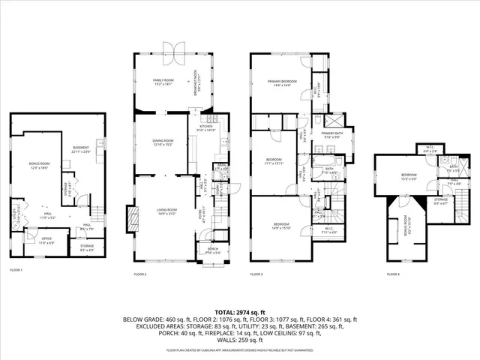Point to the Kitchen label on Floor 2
pyautogui.click(x=205, y=128)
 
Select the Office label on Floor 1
pyautogui.click(x=46, y=241)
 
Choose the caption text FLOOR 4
pyautogui.click(x=394, y=274)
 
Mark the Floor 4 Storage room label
pyautogui.click(x=440, y=201)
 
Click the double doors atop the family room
pyautogui.click(x=174, y=50)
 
